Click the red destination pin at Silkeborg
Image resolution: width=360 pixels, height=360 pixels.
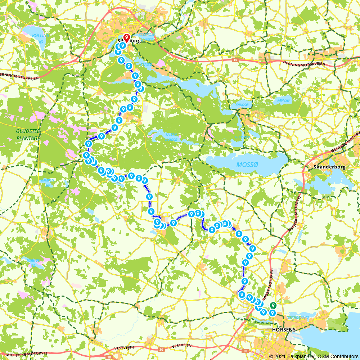click(x=126, y=38)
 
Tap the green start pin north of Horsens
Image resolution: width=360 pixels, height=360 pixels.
click(x=273, y=305)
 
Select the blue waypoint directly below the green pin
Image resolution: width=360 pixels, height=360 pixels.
click(x=273, y=313)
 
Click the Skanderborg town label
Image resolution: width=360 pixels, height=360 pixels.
click(x=327, y=167)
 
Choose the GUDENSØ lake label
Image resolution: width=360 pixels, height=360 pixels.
click(x=242, y=137)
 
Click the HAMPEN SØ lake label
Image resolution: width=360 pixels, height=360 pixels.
click(x=48, y=183)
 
